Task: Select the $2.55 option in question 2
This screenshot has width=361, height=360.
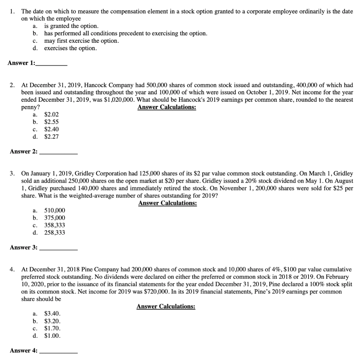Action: tap(51, 122)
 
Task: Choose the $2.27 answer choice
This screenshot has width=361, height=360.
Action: tap(51, 137)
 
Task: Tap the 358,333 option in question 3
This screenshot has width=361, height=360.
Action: tap(54, 225)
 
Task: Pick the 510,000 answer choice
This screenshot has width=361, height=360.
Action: tap(54, 210)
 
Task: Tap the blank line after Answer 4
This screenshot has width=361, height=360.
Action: tap(59, 352)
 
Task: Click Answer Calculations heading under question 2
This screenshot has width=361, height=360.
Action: tap(167, 107)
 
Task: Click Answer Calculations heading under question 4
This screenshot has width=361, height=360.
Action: tap(166, 306)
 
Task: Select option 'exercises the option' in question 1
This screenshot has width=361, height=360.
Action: tap(70, 48)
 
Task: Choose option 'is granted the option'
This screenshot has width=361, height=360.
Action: tap(71, 26)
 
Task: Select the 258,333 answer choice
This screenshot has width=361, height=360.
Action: tap(54, 233)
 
